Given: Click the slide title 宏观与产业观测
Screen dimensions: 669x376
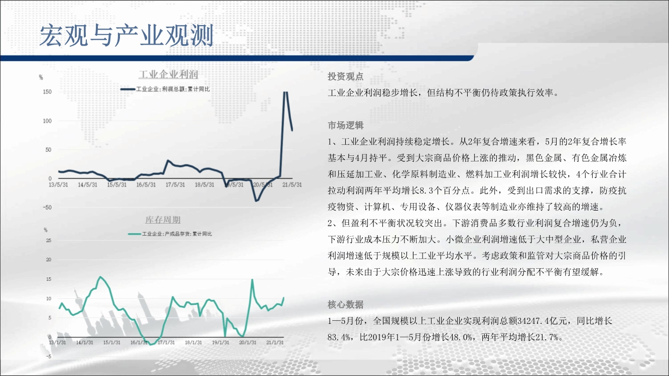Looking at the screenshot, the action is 126,36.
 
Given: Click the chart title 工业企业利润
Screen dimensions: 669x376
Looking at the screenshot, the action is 169,74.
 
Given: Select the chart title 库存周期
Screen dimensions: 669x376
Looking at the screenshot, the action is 163,220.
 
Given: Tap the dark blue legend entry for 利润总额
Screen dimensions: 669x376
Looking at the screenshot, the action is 165,89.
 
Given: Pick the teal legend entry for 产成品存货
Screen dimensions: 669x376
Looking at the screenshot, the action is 170,234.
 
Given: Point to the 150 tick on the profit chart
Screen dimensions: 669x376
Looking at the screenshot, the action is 48,92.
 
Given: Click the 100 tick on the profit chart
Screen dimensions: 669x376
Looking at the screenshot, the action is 48,121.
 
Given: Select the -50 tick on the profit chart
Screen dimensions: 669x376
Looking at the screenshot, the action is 48,208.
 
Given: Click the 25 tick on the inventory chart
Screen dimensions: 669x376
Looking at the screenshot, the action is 48,241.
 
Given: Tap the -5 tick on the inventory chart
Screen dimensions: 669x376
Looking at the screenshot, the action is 48,356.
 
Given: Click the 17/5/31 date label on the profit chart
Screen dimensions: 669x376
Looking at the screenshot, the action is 175,185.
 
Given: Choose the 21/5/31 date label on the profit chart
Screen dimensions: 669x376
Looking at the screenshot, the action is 292,185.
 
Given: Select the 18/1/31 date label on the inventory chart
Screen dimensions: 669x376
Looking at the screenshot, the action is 193,342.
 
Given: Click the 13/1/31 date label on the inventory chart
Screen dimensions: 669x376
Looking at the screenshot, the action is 57,342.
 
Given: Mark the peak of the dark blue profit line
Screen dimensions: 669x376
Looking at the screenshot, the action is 286,92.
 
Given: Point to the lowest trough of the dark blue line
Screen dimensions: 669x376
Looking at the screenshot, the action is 256,201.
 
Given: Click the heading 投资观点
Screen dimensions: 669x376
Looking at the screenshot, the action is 346,77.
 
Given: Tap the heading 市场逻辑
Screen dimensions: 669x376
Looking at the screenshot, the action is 346,125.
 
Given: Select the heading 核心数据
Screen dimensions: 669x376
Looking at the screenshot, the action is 346,305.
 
